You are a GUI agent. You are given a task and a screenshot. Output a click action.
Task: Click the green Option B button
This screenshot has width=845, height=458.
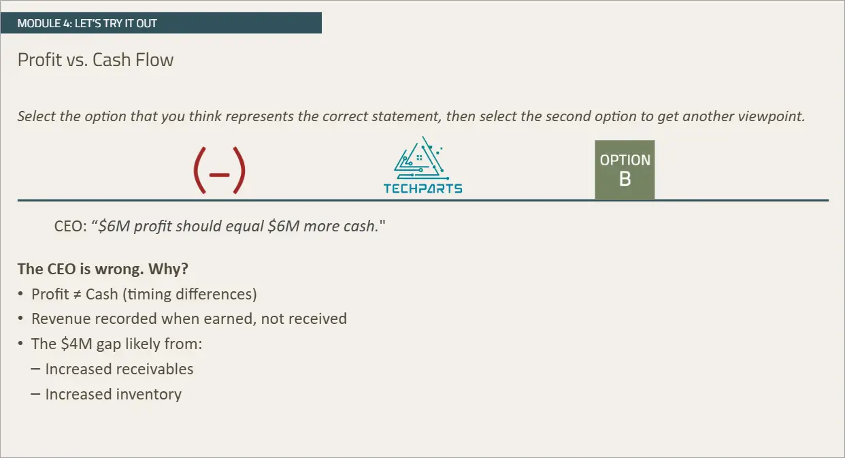tap(625, 169)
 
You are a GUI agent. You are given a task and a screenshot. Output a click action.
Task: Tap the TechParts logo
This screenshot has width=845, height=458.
tap(423, 165)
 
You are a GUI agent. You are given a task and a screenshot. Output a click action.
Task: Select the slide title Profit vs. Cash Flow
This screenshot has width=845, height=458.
tap(95, 60)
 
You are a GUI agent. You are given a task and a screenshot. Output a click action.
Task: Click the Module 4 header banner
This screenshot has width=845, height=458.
tap(161, 23)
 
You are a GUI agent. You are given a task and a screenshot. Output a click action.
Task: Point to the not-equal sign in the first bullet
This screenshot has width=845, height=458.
tap(77, 295)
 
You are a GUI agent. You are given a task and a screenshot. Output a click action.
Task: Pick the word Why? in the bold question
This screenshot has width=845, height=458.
tap(168, 269)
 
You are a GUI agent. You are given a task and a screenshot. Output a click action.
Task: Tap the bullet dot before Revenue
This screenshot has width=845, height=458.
tap(20, 319)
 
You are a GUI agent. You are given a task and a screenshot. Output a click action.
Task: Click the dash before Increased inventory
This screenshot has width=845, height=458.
tap(35, 394)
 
